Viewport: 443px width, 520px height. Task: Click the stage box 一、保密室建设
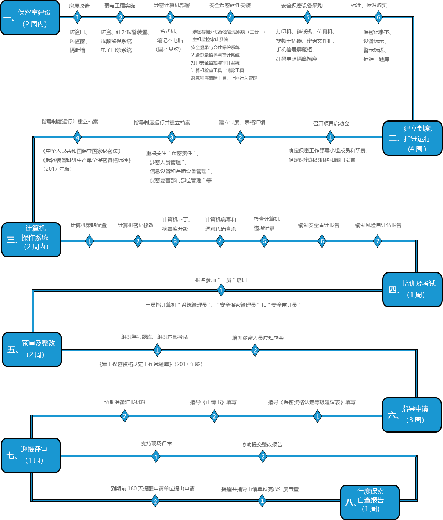pyautogui.click(x=30, y=18)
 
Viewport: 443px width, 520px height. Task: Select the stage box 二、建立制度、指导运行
pyautogui.click(x=412, y=138)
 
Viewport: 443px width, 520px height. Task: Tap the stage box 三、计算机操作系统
pyautogui.click(x=31, y=239)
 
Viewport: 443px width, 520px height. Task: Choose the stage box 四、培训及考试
pyautogui.click(x=412, y=289)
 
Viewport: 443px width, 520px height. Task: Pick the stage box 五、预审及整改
pyautogui.click(x=32, y=349)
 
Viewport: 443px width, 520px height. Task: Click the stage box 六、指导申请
pyautogui.click(x=411, y=415)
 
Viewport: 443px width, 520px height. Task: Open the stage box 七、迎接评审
pyautogui.click(x=31, y=455)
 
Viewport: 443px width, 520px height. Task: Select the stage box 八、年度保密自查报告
pyautogui.click(x=370, y=502)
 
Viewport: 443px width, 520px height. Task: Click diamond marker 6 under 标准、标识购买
pyautogui.click(x=378, y=17)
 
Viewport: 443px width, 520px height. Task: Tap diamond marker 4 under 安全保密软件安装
pyautogui.click(x=230, y=17)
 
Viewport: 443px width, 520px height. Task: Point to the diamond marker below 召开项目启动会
pyautogui.click(x=330, y=137)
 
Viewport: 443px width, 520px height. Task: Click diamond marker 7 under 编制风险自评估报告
pyautogui.click(x=377, y=241)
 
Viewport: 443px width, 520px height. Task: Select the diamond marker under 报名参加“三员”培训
pyautogui.click(x=221, y=290)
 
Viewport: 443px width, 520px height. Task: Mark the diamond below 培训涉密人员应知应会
pyautogui.click(x=255, y=350)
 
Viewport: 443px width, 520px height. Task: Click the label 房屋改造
pyautogui.click(x=79, y=6)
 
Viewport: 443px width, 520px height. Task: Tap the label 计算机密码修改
pyautogui.click(x=136, y=225)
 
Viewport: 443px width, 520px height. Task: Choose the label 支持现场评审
pyautogui.click(x=156, y=444)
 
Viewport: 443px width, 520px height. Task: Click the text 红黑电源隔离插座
pyautogui.click(x=296, y=59)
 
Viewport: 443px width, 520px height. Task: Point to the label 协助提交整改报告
pyautogui.click(x=262, y=444)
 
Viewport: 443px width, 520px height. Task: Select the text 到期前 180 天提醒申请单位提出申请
pyautogui.click(x=152, y=488)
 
